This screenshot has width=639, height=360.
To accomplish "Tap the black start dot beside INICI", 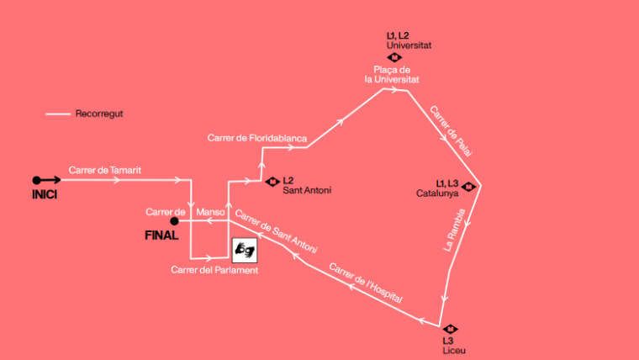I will tap(36, 180).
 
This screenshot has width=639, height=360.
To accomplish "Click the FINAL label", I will tap(161, 236).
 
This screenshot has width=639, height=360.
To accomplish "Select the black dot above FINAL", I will tap(174, 222).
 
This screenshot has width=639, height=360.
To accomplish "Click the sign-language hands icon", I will tap(245, 249).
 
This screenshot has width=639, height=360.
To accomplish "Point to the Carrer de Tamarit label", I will tap(105, 170).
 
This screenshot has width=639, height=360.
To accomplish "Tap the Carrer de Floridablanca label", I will tap(257, 137).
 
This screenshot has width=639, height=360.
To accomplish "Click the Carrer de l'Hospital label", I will tap(366, 283).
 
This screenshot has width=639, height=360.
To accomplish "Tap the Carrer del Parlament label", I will tap(214, 270).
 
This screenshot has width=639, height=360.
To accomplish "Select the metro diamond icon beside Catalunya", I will tap(468, 187).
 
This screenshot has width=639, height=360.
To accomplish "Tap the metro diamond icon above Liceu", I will tap(451, 329).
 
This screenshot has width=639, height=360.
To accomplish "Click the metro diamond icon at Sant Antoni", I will tap(272, 181).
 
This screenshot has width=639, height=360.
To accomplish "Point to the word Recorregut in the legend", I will tap(99, 114).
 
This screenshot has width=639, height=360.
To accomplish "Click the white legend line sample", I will tap(58, 114).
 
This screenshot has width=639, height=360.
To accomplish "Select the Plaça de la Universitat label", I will tap(391, 74).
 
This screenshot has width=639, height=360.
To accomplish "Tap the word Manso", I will tap(210, 212).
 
